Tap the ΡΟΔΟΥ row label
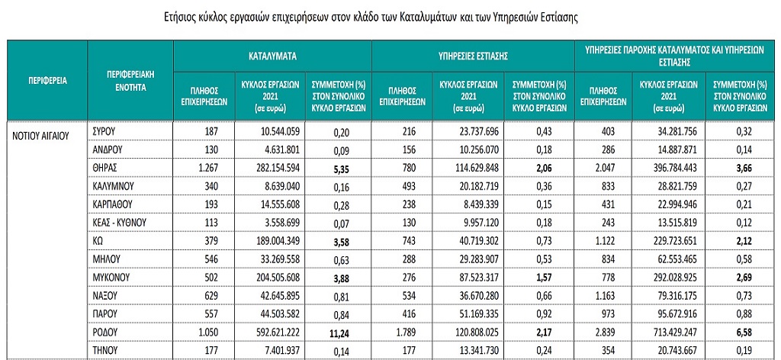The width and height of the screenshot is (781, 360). pyautogui.click(x=105, y=332)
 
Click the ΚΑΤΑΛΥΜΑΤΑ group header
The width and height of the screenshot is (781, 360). pyautogui.click(x=272, y=56)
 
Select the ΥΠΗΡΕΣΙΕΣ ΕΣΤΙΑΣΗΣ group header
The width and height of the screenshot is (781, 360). pyautogui.click(x=473, y=56)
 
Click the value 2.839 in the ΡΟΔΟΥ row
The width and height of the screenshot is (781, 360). pyautogui.click(x=602, y=332)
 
